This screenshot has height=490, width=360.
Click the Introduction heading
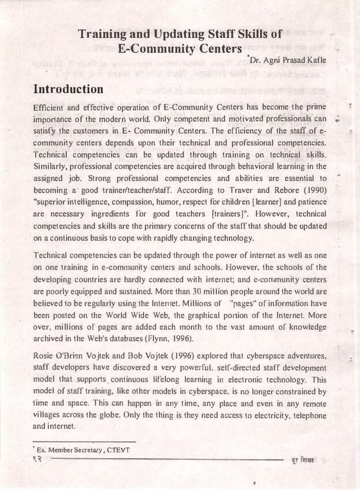click(x=69, y=89)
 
